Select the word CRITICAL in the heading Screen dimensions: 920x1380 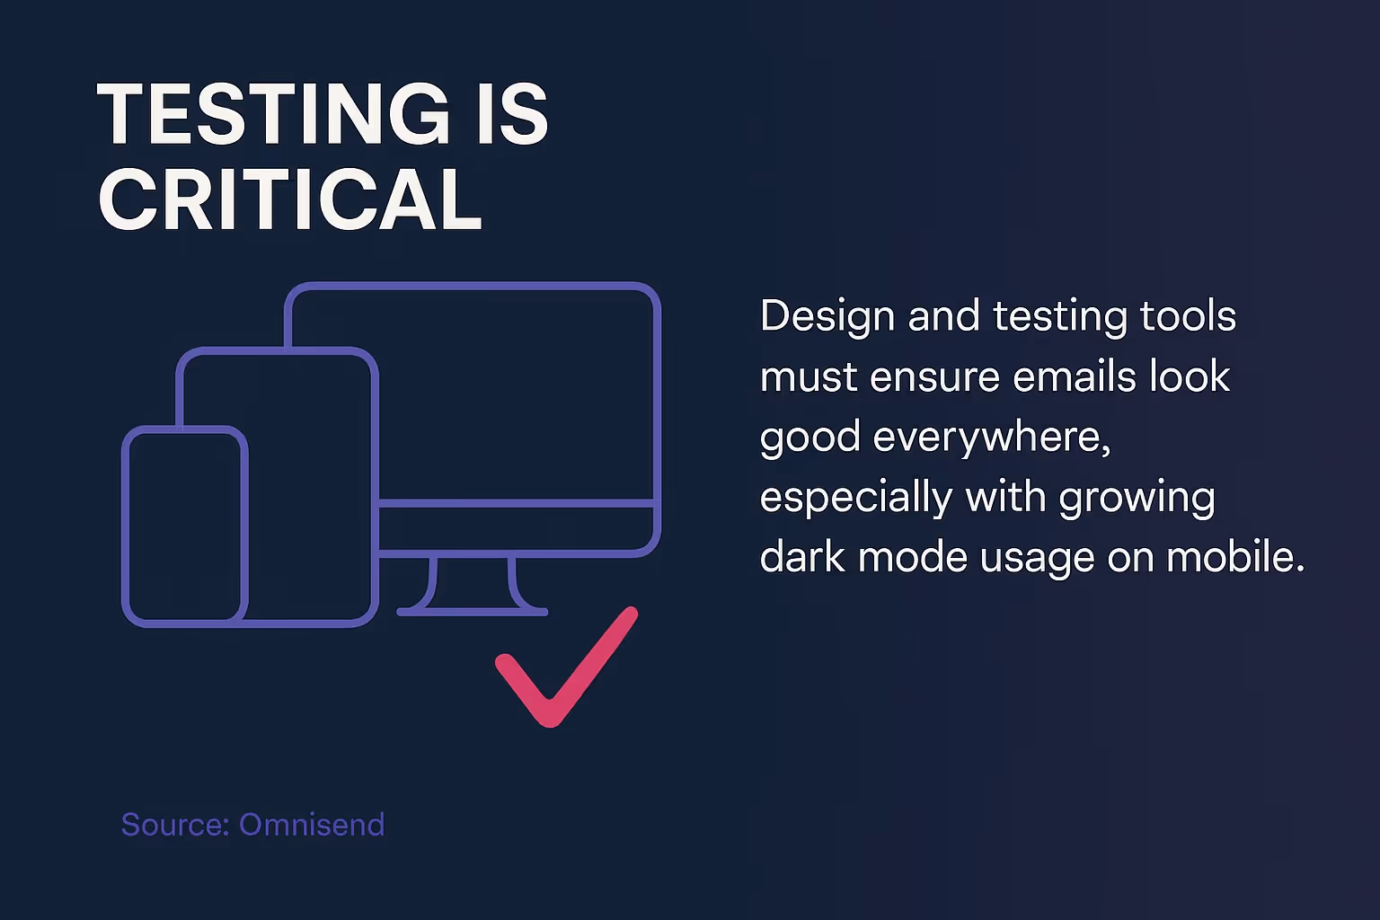click(290, 199)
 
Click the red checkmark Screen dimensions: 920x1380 click(566, 669)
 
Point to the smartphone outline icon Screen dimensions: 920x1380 click(184, 526)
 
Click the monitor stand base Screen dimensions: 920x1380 click(473, 611)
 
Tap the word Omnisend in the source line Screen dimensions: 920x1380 click(312, 825)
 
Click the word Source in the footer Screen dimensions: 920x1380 click(174, 825)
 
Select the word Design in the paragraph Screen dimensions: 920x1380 click(827, 317)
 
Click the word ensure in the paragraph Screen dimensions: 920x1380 click(934, 376)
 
